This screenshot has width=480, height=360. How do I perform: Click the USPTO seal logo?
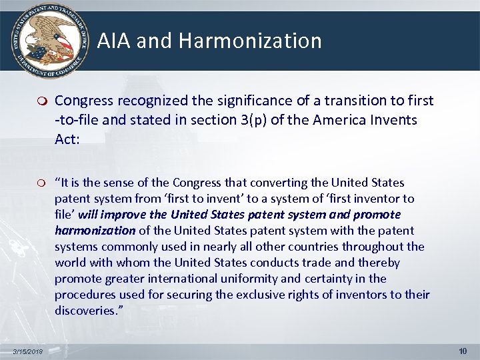(x=47, y=39)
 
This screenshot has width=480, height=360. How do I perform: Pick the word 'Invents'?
(x=396, y=120)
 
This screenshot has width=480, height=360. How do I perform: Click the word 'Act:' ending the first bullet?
(x=67, y=139)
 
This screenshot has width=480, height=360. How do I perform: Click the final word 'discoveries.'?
(x=86, y=311)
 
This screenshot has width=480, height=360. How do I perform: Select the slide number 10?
(x=463, y=351)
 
